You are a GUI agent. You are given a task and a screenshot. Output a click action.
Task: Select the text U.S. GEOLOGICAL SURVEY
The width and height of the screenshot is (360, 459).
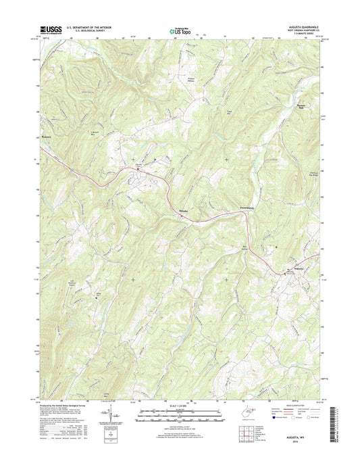82,31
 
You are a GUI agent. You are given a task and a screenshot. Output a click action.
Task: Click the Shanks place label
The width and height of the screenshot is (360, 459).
182,211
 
